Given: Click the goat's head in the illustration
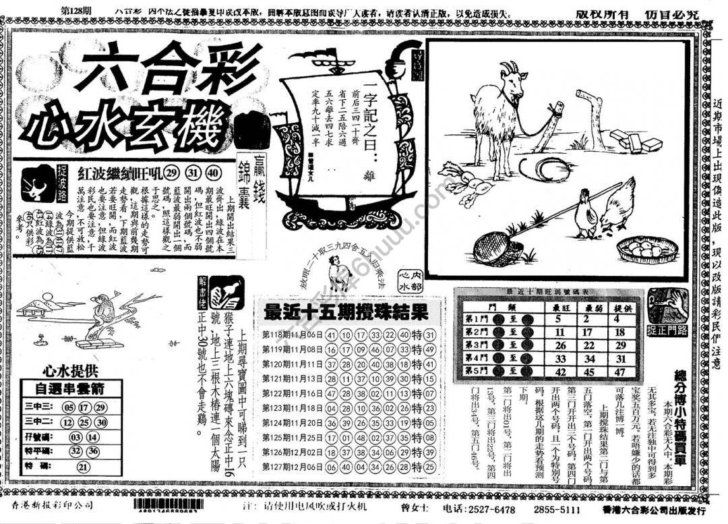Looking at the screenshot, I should point(512,81).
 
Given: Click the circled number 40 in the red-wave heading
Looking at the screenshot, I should point(214,172).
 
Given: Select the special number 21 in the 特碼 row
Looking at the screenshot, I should point(83,467).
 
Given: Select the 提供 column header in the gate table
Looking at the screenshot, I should point(619,307).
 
